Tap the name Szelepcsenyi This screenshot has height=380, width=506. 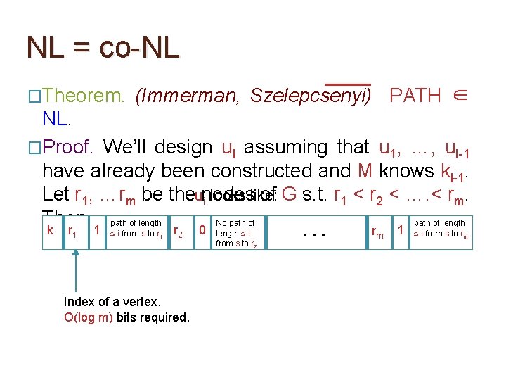pos(310,96)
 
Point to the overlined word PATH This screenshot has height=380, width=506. pos(415,96)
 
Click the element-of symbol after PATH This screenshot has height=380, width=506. pos(460,96)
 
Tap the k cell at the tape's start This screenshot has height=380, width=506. pos(51,229)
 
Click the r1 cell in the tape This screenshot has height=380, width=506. pos(72,230)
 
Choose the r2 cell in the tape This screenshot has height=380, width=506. pos(179,230)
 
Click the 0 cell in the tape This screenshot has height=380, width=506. pos(202,230)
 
